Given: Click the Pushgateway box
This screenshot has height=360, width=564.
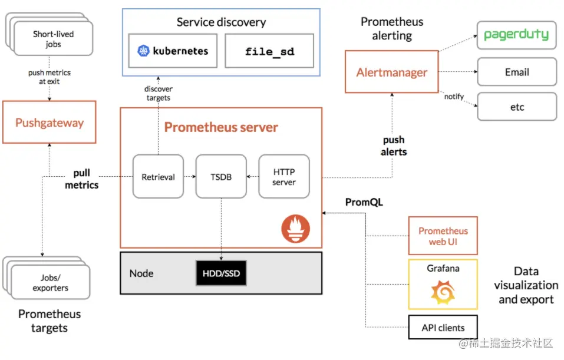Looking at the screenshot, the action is pos(50,123).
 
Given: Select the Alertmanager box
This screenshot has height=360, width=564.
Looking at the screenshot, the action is pos(392,72).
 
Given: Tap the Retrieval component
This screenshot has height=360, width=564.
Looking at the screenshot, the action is pos(159,177).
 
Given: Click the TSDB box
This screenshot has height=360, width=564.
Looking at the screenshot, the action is pos(221,177).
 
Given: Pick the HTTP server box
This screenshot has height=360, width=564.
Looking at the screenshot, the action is pos(284,177).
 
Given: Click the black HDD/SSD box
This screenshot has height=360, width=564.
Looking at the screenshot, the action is pos(221,273).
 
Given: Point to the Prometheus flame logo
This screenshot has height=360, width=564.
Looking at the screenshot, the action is pos(296,229).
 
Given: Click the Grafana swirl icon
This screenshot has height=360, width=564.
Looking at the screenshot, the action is pos(443,292).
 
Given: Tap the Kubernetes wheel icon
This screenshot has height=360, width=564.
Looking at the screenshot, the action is pos(144,51).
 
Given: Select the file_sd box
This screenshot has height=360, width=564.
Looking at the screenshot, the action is pos(269,51).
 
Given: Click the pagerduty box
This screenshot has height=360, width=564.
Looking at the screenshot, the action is pos(517,35).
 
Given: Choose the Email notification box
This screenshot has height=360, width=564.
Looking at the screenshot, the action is pos(517,72).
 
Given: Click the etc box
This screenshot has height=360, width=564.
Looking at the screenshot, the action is pos(517,107).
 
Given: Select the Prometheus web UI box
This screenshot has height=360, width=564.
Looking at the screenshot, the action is pos(443,236).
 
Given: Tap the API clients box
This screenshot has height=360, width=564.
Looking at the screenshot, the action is pos(443,327).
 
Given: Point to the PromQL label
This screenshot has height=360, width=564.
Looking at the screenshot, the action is pos(364,202).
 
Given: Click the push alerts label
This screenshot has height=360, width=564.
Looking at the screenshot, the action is pos(394,146).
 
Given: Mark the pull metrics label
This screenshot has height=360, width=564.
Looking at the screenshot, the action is pos(82,179).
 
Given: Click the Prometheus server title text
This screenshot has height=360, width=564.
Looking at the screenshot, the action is pos(221,127).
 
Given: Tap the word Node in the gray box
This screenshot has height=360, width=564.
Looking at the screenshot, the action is pos(141,273).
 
